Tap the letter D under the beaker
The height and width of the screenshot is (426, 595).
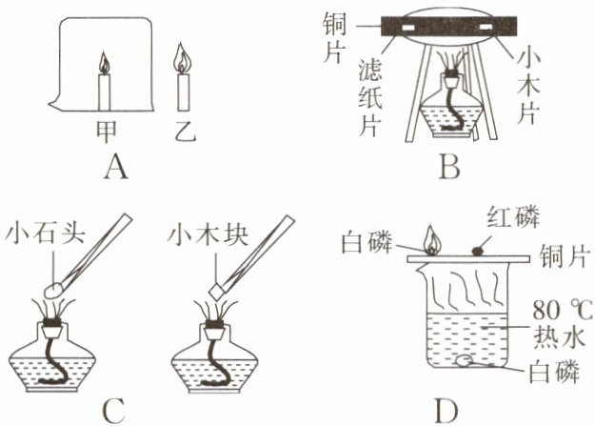coord(446,411)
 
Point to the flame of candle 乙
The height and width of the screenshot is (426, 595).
coord(181,62)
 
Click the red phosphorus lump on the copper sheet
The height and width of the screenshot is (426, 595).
coord(477,249)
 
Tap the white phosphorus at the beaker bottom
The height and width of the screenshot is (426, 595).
coord(465,360)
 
